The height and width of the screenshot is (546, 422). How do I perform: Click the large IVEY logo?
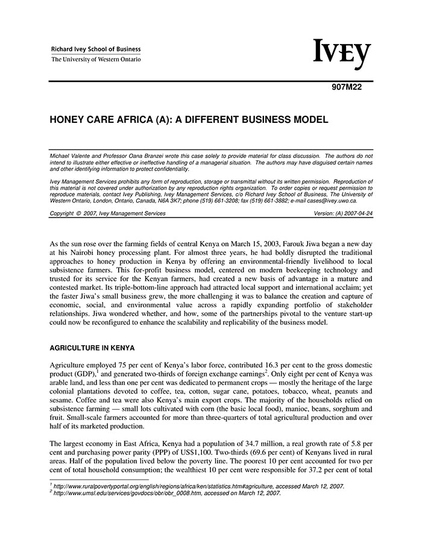[341, 54]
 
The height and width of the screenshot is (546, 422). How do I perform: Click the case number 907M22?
[347, 86]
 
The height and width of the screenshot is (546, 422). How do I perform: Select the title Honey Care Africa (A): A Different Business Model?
[189, 120]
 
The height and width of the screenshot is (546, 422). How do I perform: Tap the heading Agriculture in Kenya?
[92, 348]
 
